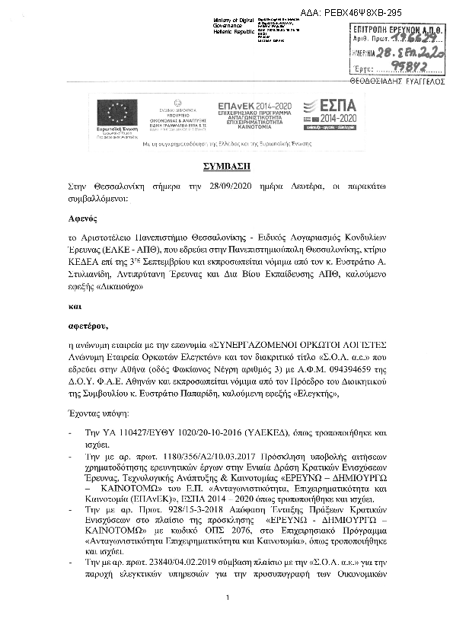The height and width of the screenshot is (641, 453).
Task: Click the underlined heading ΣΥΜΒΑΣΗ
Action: click(226, 164)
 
